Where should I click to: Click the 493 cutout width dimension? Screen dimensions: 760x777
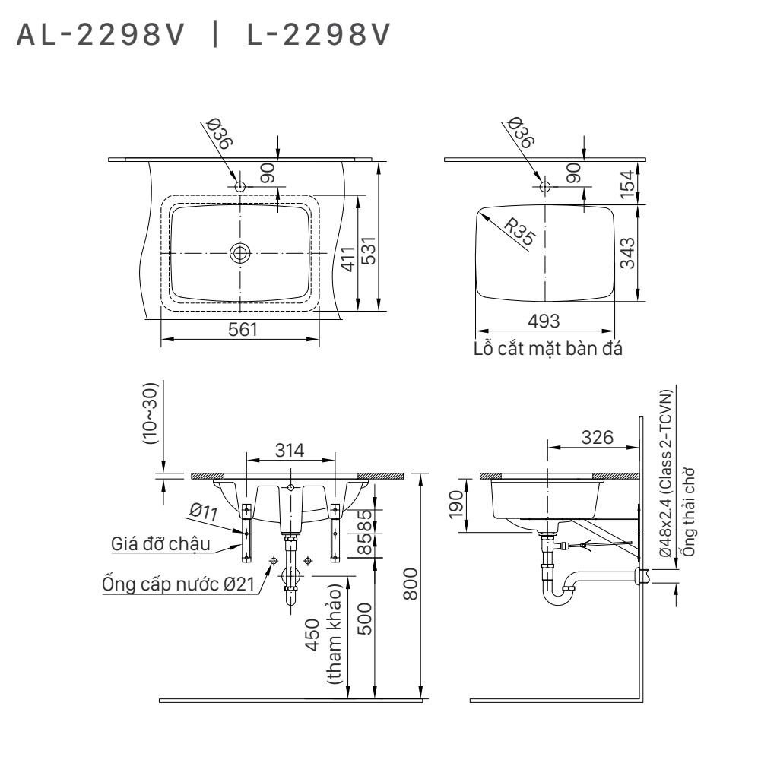(x=544, y=322)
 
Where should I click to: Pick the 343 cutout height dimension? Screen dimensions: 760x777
(x=627, y=252)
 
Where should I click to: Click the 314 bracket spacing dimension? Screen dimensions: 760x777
(x=290, y=450)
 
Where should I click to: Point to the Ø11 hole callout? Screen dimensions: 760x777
(x=204, y=511)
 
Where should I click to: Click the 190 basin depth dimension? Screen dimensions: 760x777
(x=455, y=502)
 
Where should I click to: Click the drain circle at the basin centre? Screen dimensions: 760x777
(x=240, y=252)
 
